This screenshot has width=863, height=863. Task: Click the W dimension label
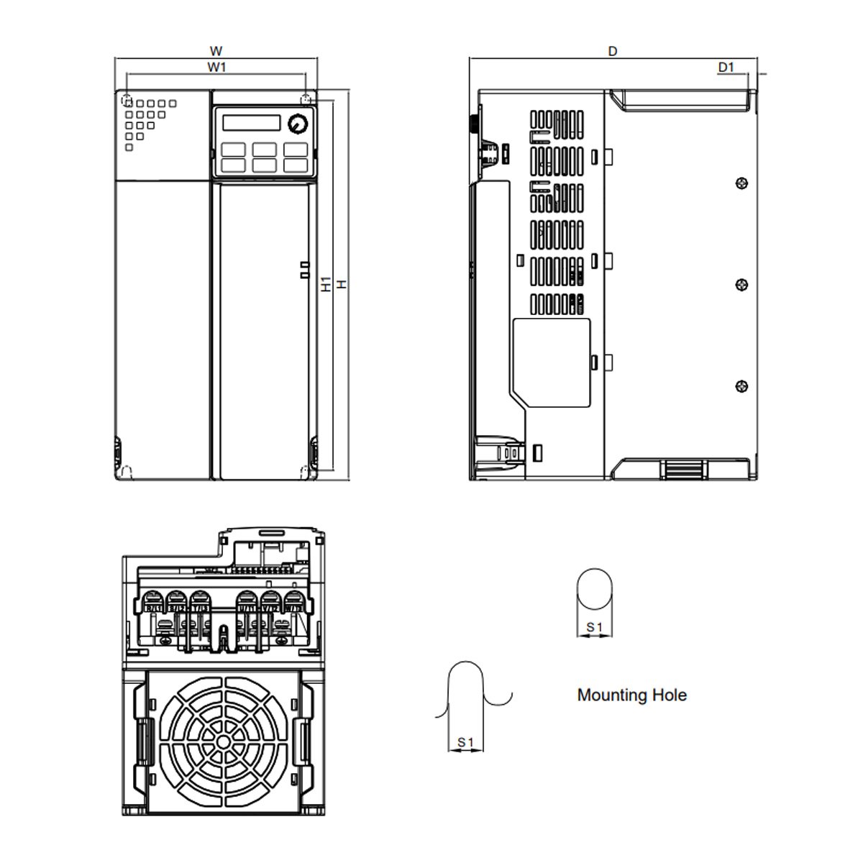click(216, 51)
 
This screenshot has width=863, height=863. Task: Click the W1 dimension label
click(216, 67)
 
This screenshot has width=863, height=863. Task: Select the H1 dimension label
click(327, 284)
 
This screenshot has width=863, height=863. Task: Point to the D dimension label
click(613, 51)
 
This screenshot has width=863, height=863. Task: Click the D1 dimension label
click(726, 67)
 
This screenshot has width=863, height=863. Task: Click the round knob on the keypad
click(296, 124)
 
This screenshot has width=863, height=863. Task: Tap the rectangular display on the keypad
click(251, 122)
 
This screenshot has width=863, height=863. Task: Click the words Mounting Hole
click(631, 695)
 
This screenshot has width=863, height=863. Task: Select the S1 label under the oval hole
click(594, 628)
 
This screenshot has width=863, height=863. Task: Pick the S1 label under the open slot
click(465, 742)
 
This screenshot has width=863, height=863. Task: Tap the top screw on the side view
click(742, 183)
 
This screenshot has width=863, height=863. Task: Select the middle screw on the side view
click(742, 285)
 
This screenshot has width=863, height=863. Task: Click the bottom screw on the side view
click(742, 386)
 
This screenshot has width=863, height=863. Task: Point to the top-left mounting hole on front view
click(127, 99)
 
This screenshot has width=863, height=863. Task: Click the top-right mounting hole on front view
click(307, 99)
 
